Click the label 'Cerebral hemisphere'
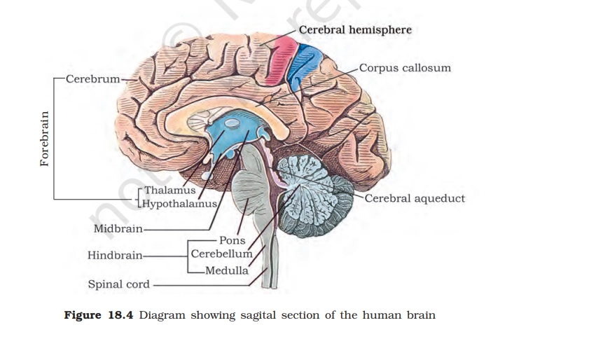354,30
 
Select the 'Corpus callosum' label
405,68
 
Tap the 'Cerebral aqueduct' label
415,198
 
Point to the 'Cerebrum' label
92,78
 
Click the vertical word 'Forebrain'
45,139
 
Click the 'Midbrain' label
118,228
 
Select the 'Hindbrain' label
115,256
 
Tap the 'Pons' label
232,240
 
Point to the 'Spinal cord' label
118,284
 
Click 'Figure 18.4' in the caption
99,315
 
